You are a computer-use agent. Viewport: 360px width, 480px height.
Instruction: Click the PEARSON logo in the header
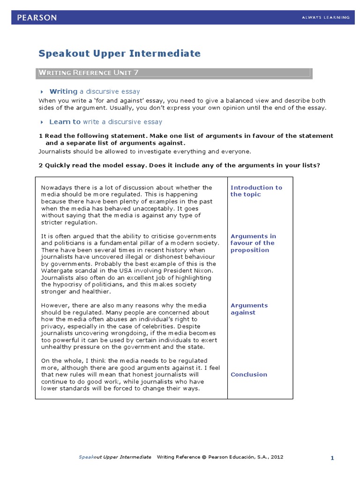coord(37,17)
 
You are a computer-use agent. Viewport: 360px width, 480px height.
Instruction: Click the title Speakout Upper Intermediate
coord(119,53)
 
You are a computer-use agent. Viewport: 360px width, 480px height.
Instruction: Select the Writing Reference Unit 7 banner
coord(173,73)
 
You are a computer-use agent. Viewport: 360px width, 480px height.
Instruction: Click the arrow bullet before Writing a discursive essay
coord(42,91)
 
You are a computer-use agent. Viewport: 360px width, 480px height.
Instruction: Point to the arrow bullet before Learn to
coord(42,122)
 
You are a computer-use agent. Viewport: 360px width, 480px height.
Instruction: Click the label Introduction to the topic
coord(256,191)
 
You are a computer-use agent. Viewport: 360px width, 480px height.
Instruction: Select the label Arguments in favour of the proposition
coord(253,243)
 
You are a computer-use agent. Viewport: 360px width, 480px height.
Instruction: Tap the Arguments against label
coord(249,309)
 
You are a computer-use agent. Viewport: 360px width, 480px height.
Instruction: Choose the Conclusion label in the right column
coord(249,374)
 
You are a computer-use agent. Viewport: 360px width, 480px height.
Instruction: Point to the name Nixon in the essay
coord(204,270)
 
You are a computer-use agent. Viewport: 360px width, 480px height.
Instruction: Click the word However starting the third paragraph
coord(53,305)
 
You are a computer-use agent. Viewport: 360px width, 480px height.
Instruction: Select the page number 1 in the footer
coord(332,458)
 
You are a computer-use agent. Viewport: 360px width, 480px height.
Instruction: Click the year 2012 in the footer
coord(277,457)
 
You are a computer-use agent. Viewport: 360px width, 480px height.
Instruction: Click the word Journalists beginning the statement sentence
coord(55,151)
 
